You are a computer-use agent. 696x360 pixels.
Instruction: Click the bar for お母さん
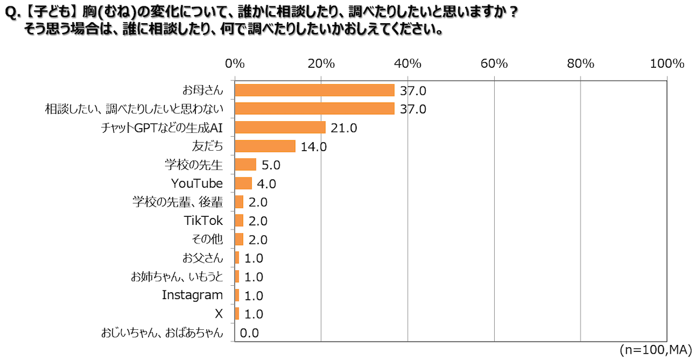[314, 90]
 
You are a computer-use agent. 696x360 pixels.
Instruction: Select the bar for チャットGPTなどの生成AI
[280, 128]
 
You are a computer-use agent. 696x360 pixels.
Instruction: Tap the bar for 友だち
[265, 146]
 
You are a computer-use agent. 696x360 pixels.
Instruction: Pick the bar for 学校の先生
[245, 165]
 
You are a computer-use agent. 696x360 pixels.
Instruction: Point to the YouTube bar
[243, 184]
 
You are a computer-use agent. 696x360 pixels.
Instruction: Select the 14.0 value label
[314, 147]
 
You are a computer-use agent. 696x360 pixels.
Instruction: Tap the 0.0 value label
[249, 333]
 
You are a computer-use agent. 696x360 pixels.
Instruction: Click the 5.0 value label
[271, 165]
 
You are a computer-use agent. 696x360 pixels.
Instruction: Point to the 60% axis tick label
[494, 64]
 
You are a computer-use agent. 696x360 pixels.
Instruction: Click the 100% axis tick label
[668, 64]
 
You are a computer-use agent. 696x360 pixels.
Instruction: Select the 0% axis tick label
[235, 64]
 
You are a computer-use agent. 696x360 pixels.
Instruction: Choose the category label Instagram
[192, 295]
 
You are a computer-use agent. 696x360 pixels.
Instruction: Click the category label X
[219, 314]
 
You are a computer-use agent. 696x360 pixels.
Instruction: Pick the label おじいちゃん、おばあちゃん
[162, 333]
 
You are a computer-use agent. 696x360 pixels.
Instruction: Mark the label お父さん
[202, 258]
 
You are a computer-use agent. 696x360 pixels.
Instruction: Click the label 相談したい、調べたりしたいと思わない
[134, 109]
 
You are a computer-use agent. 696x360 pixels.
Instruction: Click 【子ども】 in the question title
[50, 13]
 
